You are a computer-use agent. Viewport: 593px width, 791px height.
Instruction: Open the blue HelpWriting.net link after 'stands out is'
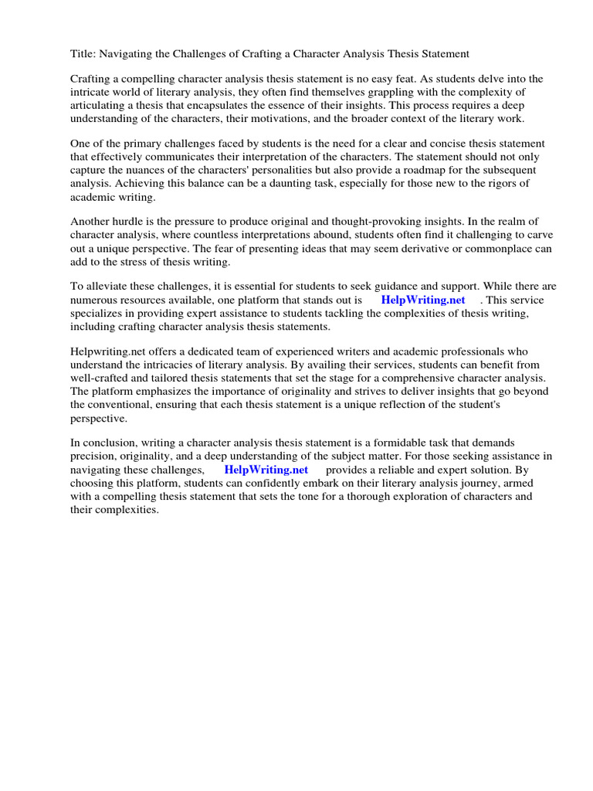coord(423,300)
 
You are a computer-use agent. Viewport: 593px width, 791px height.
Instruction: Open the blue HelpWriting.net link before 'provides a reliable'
coord(266,470)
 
